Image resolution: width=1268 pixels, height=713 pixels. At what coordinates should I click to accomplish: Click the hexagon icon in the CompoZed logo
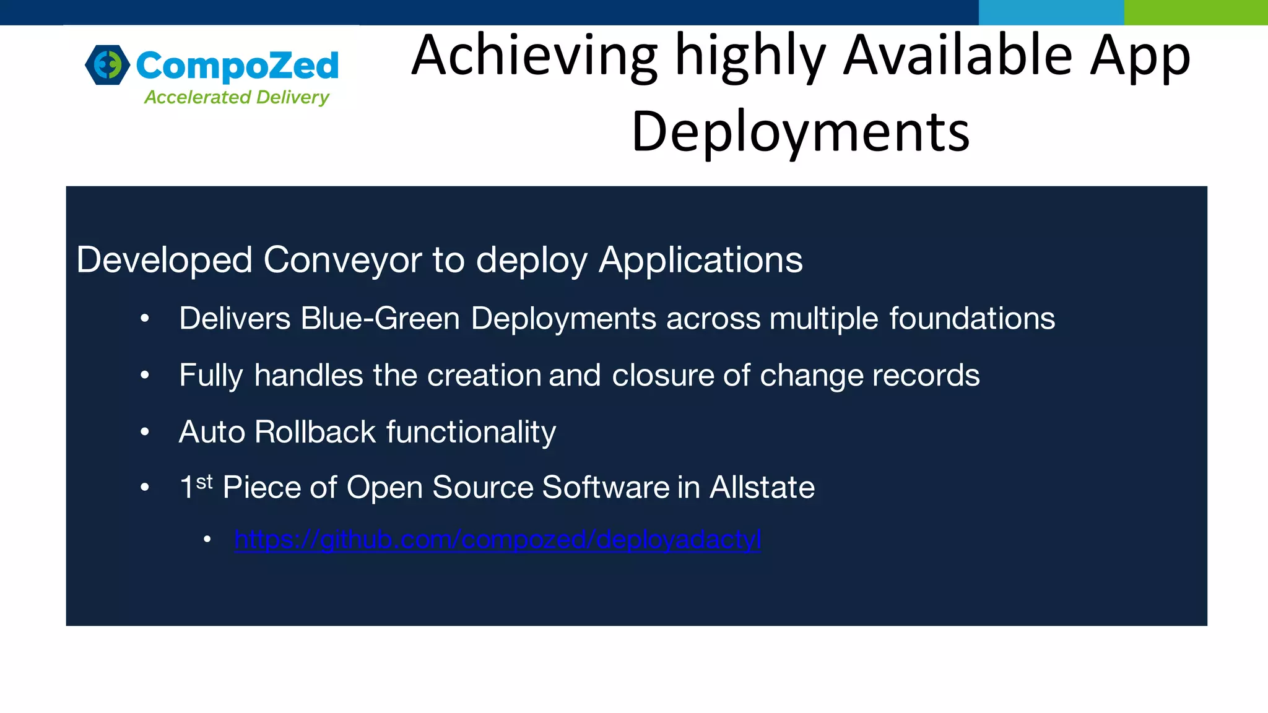108,64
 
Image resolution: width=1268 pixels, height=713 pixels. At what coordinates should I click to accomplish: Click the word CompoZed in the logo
237,66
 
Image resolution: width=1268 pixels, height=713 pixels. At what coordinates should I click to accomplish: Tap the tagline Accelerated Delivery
237,97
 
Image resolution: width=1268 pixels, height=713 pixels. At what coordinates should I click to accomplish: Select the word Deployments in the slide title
800,131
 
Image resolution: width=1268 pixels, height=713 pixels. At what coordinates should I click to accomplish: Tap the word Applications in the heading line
700,259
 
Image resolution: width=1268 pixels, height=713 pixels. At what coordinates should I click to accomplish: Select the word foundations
972,319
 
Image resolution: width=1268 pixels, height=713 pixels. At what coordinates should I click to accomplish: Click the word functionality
471,431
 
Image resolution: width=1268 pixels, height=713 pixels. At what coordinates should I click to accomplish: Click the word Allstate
762,487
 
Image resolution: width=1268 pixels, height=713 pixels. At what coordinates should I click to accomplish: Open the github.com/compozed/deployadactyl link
498,540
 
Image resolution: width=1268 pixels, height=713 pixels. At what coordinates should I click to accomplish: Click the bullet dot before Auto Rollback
145,431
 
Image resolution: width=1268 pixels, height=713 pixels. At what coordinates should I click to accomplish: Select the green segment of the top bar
1196,12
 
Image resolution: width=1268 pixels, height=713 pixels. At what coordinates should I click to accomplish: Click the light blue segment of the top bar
1051,12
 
